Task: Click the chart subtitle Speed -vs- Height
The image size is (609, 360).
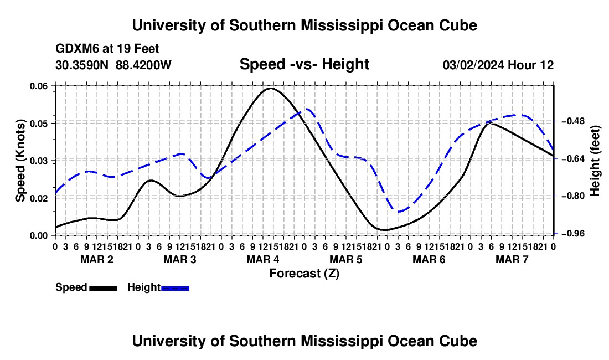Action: [x=304, y=64]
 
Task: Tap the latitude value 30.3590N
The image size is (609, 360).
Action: [x=82, y=65]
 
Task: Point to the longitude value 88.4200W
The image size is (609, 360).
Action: [x=143, y=65]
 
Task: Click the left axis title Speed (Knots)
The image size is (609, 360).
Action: [x=20, y=161]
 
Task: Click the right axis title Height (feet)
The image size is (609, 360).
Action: [x=595, y=161]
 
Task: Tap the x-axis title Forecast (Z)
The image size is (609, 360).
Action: [x=304, y=274]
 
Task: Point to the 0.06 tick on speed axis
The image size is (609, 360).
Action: [x=41, y=86]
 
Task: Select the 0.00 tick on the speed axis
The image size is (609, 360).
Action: [x=41, y=235]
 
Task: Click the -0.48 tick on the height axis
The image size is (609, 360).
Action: [x=572, y=121]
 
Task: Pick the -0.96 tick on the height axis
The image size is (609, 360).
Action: [x=572, y=233]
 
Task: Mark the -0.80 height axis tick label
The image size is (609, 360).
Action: [x=572, y=196]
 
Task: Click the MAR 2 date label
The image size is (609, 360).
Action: [x=97, y=259]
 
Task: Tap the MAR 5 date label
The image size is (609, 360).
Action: [x=345, y=259]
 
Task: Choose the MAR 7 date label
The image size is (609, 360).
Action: [x=512, y=259]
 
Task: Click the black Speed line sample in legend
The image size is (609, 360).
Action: [x=104, y=288]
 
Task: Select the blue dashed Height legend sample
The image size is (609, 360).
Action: [x=175, y=288]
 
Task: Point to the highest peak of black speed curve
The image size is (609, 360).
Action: [x=270, y=88]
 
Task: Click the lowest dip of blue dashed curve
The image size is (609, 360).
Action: [x=399, y=212]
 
